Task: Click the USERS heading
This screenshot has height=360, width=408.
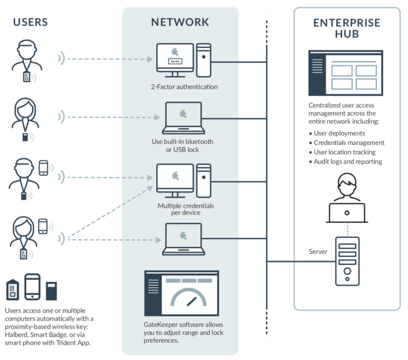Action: coord(30,22)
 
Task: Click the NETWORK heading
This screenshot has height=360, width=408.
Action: coord(180,22)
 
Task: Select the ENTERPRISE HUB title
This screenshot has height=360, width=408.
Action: coord(346,28)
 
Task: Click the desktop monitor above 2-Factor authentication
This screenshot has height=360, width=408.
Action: coord(175,60)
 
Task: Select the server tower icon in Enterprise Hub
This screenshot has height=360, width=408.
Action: coord(347,261)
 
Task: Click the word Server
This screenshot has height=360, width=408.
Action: coord(319,251)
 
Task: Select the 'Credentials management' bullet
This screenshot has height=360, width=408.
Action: coord(348,143)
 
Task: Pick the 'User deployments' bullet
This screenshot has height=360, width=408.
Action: coord(338,133)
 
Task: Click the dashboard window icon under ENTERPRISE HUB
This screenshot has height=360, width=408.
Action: coord(345,72)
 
